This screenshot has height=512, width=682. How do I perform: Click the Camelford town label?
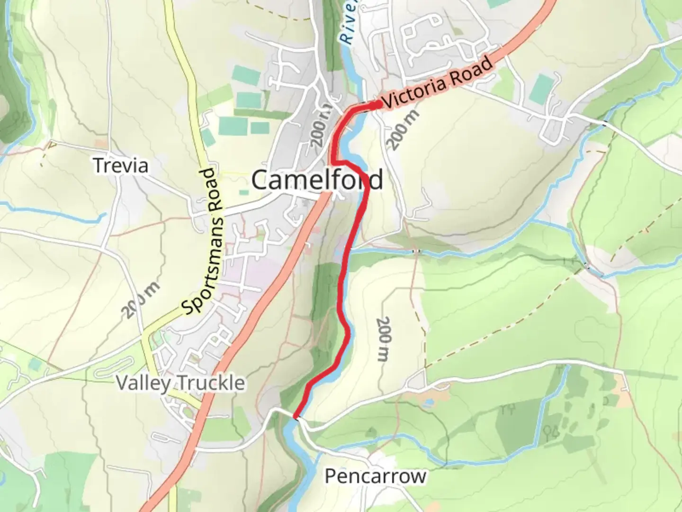tap(317, 180)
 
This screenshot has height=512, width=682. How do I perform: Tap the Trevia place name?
tap(121, 166)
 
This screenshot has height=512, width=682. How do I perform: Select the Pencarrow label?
tap(375, 476)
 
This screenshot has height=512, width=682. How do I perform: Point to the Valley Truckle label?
tap(180, 383)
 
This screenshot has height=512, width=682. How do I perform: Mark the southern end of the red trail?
tap(296, 417)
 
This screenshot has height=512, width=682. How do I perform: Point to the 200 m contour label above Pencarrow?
tap(383, 339)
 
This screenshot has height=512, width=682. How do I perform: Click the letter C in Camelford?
tap(259, 181)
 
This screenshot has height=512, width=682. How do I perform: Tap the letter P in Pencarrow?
tap(330, 476)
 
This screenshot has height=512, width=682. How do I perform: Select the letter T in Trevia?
tap(99, 166)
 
